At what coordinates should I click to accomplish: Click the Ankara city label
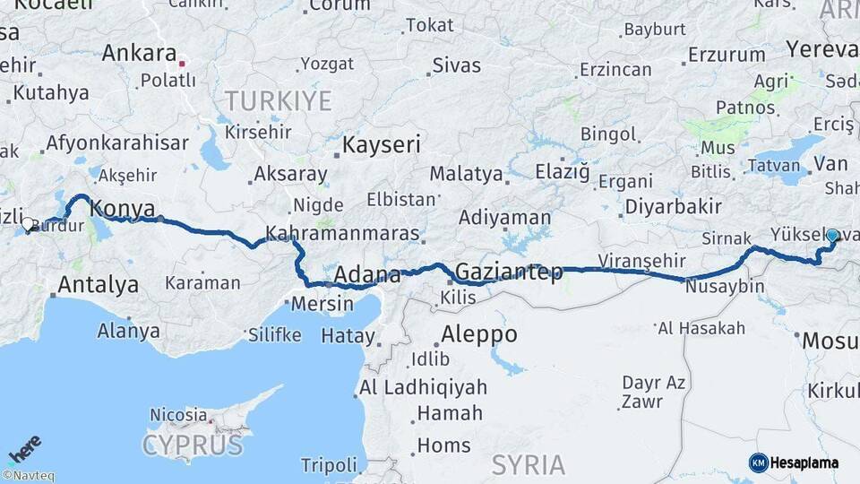pyautogui.click(x=138, y=52)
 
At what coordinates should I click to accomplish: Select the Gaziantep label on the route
pyautogui.click(x=509, y=271)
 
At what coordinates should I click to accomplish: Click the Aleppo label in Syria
pyautogui.click(x=479, y=334)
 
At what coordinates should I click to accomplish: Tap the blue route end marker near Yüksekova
pyautogui.click(x=832, y=236)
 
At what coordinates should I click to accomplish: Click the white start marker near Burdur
pyautogui.click(x=28, y=224)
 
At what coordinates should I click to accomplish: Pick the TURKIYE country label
pyautogui.click(x=278, y=99)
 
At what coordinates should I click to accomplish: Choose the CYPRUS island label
pyautogui.click(x=192, y=445)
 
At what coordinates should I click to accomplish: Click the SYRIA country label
pyautogui.click(x=528, y=464)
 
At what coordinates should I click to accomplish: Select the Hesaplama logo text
pyautogui.click(x=804, y=462)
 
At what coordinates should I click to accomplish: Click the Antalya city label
pyautogui.click(x=99, y=285)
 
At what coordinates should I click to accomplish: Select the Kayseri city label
pyautogui.click(x=383, y=143)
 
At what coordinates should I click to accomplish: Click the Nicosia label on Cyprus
pyautogui.click(x=178, y=414)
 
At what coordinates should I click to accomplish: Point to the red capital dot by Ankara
pyautogui.click(x=182, y=64)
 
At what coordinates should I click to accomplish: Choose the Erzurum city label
pyautogui.click(x=727, y=55)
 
